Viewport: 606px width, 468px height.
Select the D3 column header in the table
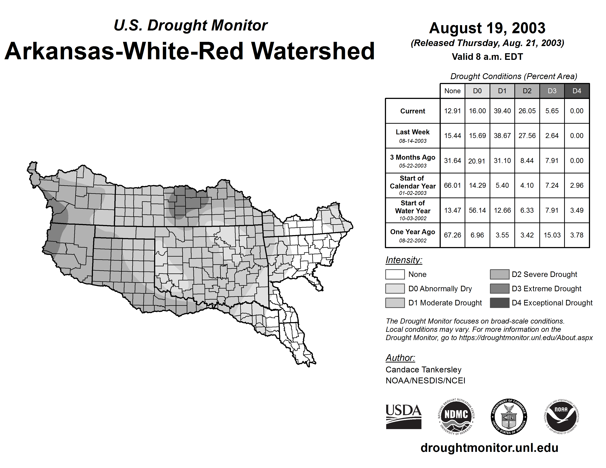tap(552, 91)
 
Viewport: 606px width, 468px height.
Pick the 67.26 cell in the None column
tap(452, 235)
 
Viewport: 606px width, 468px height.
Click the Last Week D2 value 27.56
tap(527, 136)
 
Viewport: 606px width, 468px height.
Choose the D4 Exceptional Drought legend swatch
tap(499, 303)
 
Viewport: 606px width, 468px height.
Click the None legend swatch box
tap(395, 274)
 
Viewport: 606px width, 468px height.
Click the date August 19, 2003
tap(487, 28)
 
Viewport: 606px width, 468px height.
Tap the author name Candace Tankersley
tap(423, 370)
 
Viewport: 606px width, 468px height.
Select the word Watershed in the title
tap(313, 51)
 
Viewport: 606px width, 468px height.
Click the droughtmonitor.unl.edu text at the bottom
tap(489, 448)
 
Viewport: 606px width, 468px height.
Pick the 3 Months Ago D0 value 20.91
tap(477, 161)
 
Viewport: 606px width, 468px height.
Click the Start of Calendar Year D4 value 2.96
tap(577, 185)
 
